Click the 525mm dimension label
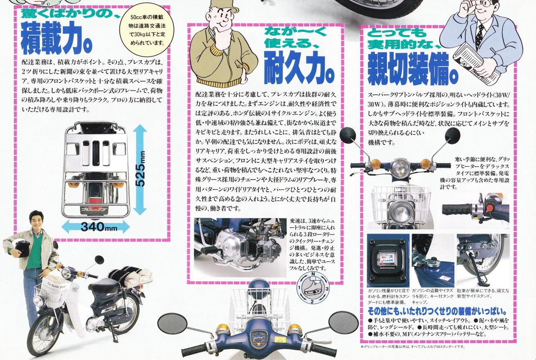point(141,169)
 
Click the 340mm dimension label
point(99,226)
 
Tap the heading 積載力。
point(57,39)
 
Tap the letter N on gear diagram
point(312,274)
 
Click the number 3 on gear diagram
point(327,288)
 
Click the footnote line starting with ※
point(412,346)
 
